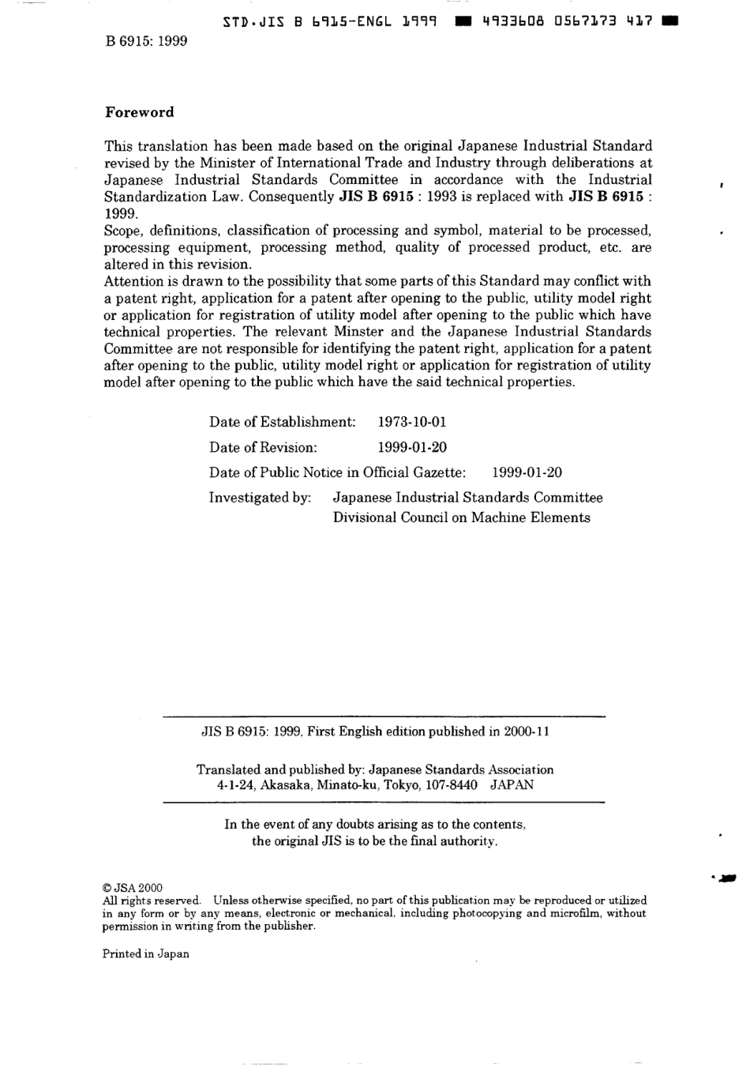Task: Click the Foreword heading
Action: click(x=139, y=112)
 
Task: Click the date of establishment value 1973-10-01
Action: click(x=412, y=422)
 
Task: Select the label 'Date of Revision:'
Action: click(x=263, y=447)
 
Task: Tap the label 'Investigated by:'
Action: click(x=260, y=498)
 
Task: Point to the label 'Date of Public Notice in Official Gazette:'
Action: click(x=337, y=472)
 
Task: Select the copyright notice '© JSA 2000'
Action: click(x=133, y=888)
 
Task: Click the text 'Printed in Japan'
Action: click(x=146, y=953)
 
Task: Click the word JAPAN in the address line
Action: click(x=512, y=785)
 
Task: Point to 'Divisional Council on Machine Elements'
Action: click(x=461, y=518)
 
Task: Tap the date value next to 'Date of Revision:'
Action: click(x=412, y=447)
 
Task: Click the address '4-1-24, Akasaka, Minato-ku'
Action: click(x=298, y=785)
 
